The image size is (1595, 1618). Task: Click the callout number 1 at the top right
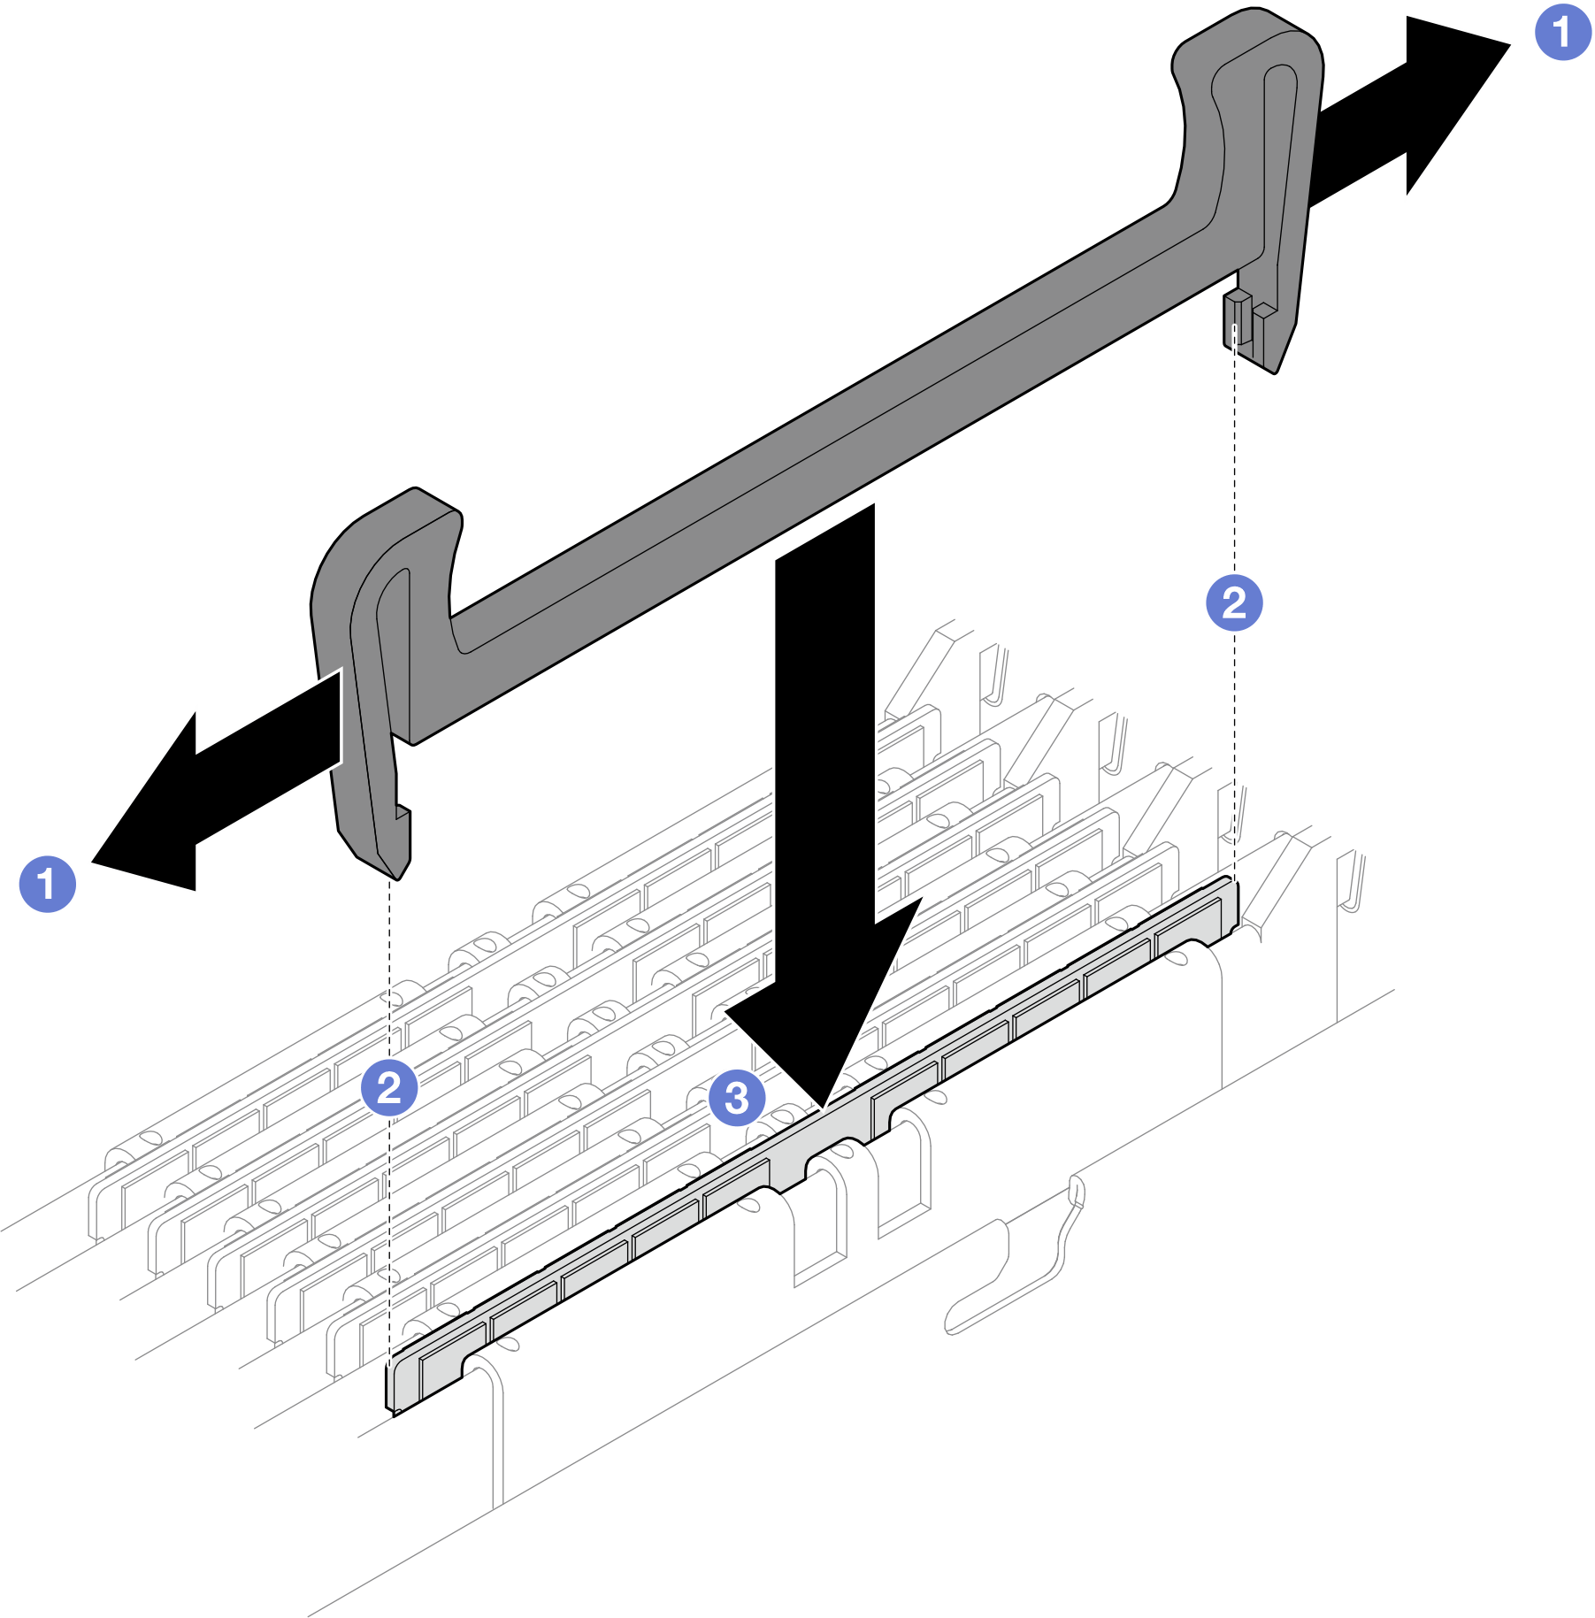click(x=1562, y=32)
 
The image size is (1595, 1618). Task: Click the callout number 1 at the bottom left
click(x=48, y=884)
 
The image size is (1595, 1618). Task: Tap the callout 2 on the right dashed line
click(x=1234, y=603)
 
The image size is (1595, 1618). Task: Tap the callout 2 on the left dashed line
click(x=389, y=1087)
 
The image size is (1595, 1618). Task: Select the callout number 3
click(x=737, y=1098)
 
